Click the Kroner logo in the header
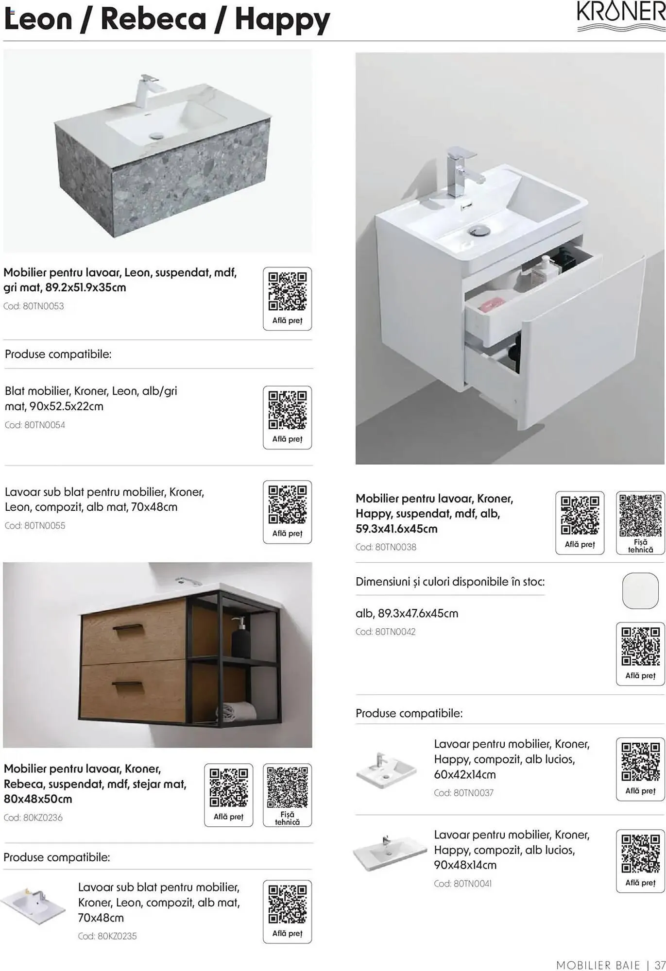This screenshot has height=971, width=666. point(621,17)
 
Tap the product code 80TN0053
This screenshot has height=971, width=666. point(43,306)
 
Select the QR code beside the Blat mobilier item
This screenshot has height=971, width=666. point(288,410)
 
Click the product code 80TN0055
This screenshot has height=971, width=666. point(45,526)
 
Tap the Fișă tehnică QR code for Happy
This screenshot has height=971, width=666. point(641,515)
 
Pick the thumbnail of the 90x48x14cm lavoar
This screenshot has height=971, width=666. point(383,853)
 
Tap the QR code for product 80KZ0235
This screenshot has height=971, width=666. point(288,904)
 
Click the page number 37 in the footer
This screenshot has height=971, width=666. point(660,964)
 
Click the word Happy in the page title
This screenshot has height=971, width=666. point(282,19)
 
